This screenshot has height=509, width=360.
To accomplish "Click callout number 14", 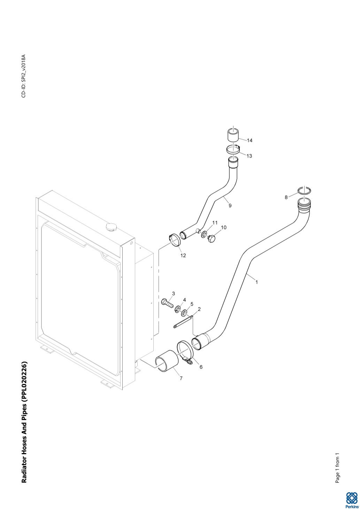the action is pos(250,140).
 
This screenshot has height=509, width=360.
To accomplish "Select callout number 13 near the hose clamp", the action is pos(249,156).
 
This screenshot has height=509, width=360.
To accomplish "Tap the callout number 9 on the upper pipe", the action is pos(230,206).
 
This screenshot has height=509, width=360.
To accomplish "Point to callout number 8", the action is pos(286,197).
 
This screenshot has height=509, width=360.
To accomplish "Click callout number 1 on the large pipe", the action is pos(257,282).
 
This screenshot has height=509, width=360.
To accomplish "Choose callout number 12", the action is pos(183,255).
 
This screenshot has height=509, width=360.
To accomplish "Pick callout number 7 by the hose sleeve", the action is pos(181,378).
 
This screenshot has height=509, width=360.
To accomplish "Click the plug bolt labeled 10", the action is pos(212,239).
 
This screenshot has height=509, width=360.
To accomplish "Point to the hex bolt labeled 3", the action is pos(167,303).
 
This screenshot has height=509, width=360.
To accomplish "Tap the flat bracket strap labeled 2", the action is pos(183,322).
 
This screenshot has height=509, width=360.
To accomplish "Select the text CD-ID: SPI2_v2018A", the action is pos(24,76).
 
